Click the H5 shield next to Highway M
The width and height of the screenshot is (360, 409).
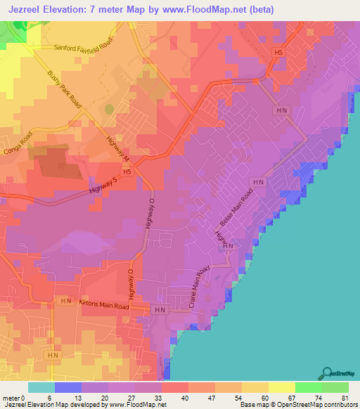click(127, 171)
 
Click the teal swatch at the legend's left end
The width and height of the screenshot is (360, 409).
click(41, 387)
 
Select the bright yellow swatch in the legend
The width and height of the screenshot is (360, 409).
click(281, 387)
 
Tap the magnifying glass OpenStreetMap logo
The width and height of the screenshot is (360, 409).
click(327, 373)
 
